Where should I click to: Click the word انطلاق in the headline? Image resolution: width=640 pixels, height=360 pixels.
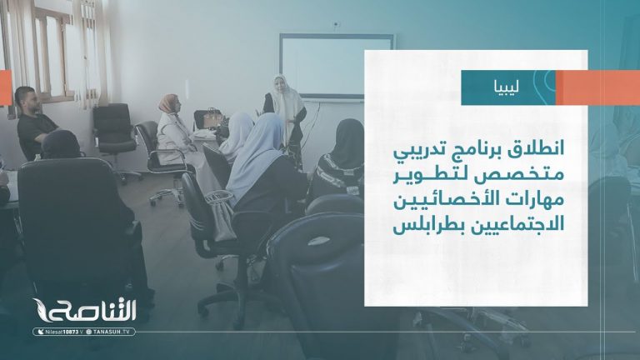pyautogui.click(x=534, y=150)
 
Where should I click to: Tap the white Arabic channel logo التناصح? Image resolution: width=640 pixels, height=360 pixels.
pyautogui.click(x=92, y=310)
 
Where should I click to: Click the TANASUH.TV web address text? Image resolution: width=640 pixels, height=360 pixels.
pyautogui.click(x=113, y=332)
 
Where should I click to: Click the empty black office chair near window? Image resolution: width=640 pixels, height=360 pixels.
pyautogui.click(x=115, y=129)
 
